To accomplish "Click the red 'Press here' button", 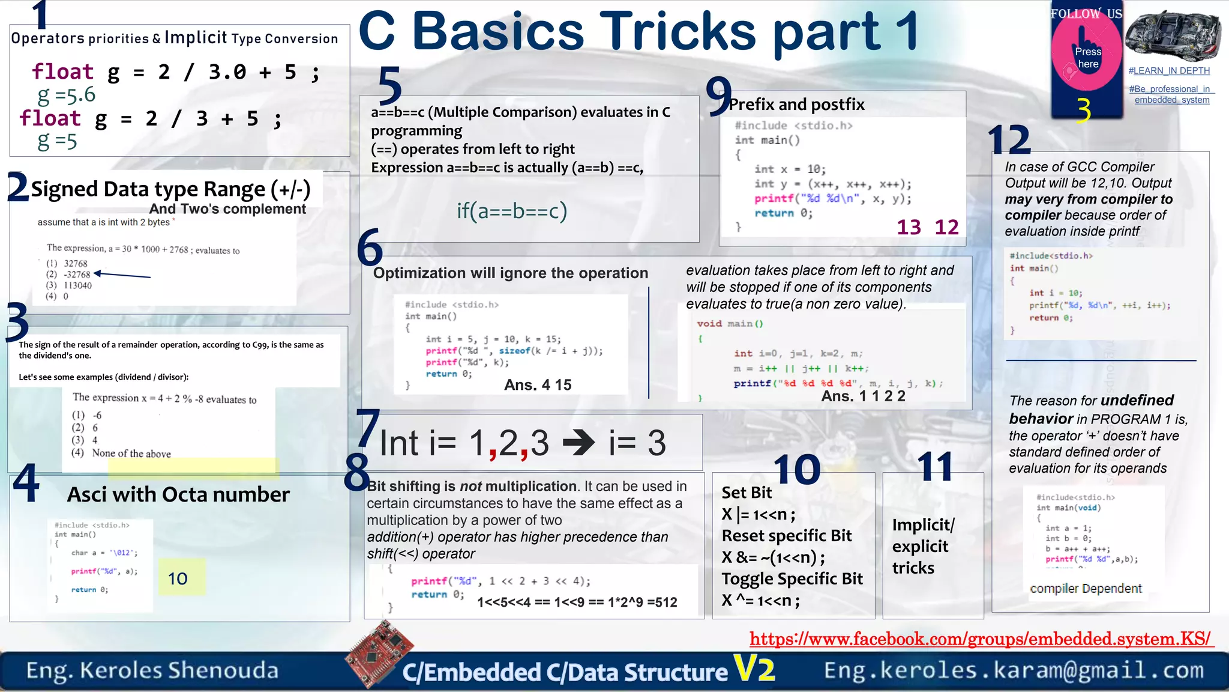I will click(x=1087, y=58).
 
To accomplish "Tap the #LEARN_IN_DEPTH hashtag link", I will click(x=1169, y=71).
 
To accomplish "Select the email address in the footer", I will click(x=1014, y=670).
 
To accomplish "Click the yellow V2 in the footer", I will click(x=754, y=668).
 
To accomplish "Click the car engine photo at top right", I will click(x=1173, y=36).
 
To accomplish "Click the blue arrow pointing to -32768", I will click(x=122, y=275).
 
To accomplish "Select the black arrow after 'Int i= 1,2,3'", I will click(x=578, y=444).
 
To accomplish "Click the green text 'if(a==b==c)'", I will click(x=511, y=211).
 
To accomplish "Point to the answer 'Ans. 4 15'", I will click(x=538, y=385).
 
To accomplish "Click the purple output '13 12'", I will click(x=927, y=227).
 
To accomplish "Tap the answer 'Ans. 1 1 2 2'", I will click(x=863, y=396).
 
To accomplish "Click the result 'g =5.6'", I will click(x=66, y=95).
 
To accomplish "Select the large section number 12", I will click(x=1009, y=141).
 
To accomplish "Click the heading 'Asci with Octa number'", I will click(x=178, y=494).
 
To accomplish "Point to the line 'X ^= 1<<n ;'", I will click(x=760, y=600).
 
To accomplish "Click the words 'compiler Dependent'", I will click(x=1085, y=589).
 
